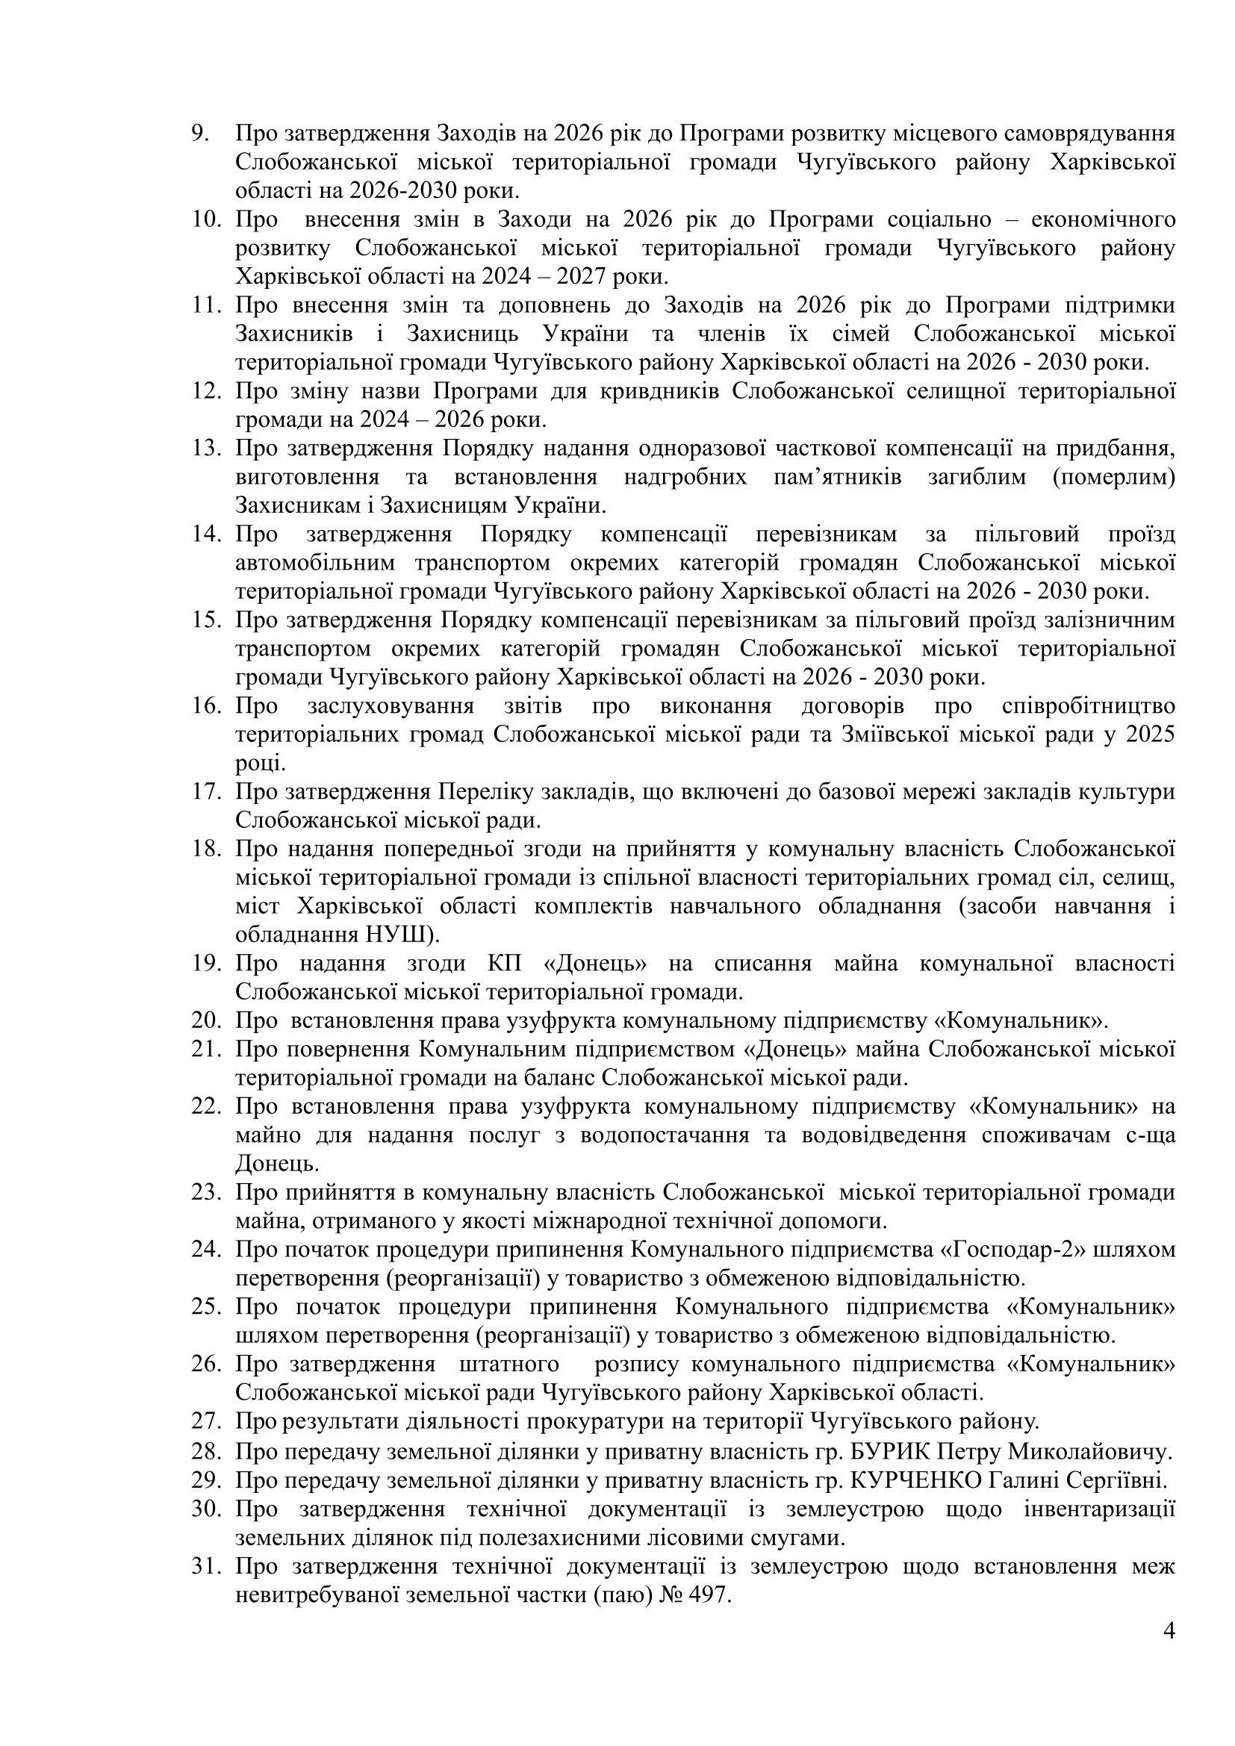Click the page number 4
point(1169,1652)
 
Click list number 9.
point(200,134)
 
